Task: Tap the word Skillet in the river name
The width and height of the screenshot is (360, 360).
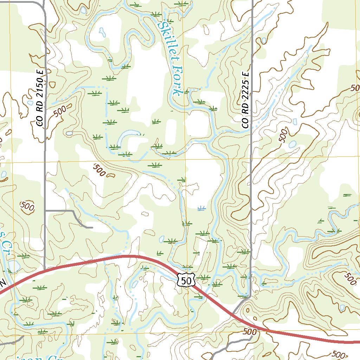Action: (166, 39)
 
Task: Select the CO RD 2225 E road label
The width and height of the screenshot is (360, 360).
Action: (245, 100)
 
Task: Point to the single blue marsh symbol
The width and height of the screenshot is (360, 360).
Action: (201, 209)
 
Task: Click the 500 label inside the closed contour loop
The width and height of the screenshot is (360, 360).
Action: (27, 206)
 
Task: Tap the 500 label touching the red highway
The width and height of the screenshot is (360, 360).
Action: (250, 331)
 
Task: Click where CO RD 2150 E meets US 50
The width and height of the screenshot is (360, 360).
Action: (45, 270)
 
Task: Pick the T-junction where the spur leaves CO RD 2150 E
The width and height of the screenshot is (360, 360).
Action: (45, 211)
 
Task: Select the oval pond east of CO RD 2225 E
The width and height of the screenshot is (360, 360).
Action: (292, 144)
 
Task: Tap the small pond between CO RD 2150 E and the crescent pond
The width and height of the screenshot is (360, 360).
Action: (69, 133)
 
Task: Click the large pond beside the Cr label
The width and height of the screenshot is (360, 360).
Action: (14, 266)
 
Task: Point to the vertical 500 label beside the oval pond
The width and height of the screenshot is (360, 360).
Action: (284, 135)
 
